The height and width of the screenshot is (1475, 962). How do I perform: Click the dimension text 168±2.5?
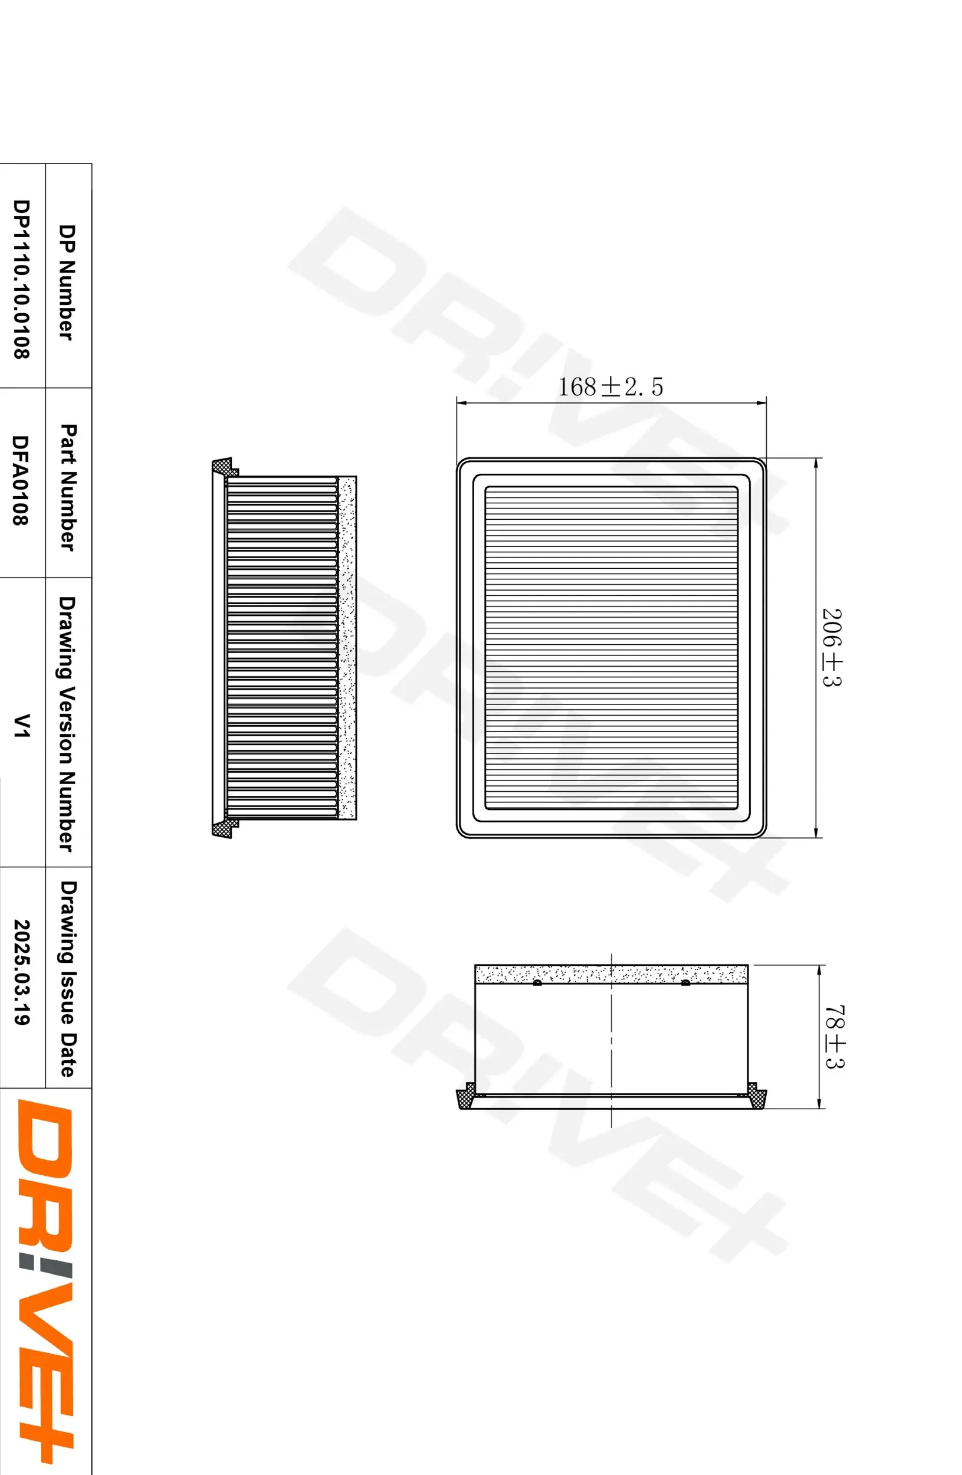tap(610, 386)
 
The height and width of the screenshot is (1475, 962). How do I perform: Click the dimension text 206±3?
tap(832, 647)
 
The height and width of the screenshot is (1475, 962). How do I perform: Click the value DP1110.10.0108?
tap(21, 279)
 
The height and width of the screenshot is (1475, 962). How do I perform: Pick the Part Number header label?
tap(68, 487)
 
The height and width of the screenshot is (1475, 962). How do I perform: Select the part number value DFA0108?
tap(21, 480)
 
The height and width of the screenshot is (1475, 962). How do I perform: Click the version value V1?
tap(22, 725)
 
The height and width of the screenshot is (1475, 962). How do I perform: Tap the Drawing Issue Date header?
tap(68, 979)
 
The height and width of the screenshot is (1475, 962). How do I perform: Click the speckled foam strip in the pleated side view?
tap(347, 647)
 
